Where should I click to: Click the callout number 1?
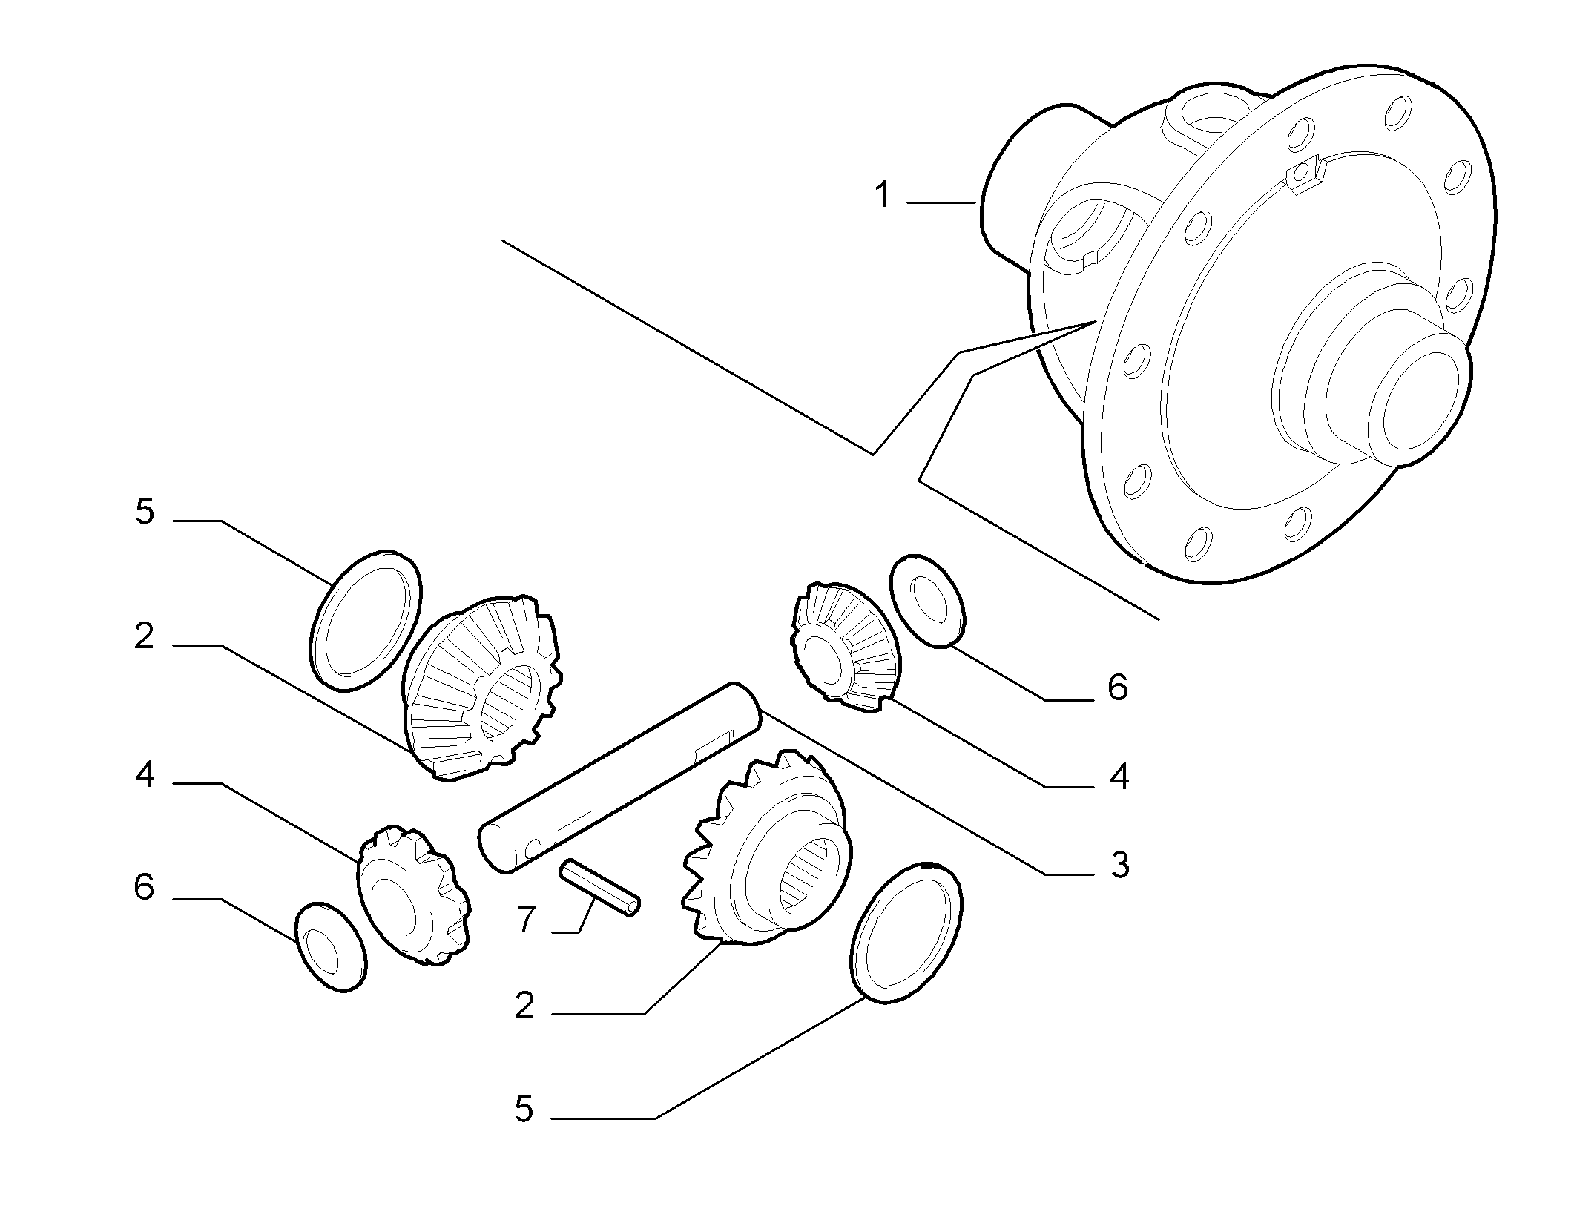click(882, 197)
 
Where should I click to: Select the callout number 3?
click(1119, 866)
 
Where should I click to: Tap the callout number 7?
click(526, 920)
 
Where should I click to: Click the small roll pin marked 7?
click(602, 887)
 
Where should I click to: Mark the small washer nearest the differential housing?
click(929, 601)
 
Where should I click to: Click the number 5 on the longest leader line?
click(524, 1130)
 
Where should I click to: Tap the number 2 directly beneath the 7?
click(524, 1006)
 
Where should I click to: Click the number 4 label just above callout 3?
click(1119, 777)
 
